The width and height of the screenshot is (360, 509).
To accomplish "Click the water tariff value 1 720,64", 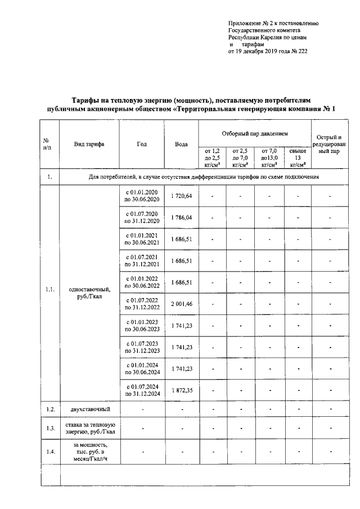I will coord(181,196).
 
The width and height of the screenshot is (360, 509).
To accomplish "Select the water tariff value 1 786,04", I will coord(181,217).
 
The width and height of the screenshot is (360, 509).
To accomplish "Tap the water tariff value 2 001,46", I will coord(181,304).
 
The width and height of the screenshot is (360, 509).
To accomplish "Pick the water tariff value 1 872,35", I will coord(181,390).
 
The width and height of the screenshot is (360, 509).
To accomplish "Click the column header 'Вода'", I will coord(181,144).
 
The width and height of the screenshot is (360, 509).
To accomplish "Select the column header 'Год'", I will coord(142,144).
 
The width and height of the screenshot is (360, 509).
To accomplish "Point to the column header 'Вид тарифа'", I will coord(89,144).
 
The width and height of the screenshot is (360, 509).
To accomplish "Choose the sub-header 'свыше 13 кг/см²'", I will coord(298,157).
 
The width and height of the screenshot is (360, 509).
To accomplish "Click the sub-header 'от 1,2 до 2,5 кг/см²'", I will coord(212,157).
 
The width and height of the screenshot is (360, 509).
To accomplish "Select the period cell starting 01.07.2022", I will coord(142,304).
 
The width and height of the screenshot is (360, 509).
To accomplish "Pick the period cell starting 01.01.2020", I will coord(142,196).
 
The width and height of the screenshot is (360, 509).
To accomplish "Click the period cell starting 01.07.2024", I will coord(142,390).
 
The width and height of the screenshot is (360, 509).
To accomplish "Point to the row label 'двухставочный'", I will coord(89,408).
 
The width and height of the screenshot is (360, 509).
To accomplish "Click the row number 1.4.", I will coord(49,452).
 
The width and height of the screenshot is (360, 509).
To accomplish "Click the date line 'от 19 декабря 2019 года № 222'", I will coord(267,51).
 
